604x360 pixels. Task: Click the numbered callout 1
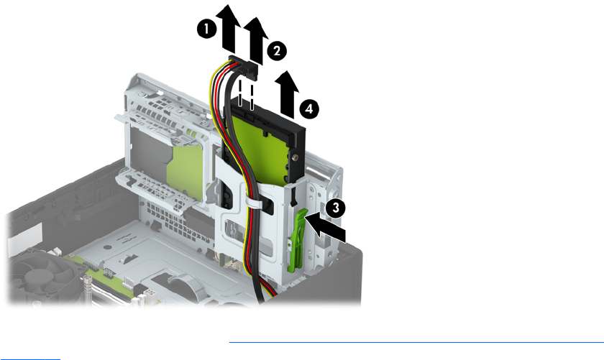pyautogui.click(x=207, y=29)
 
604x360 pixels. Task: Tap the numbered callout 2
pyautogui.click(x=277, y=50)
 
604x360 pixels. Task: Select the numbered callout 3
pyautogui.click(x=336, y=208)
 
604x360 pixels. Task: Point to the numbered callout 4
pyautogui.click(x=309, y=109)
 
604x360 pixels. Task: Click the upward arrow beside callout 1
pyautogui.click(x=229, y=29)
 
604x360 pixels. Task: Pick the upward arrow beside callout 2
pyautogui.click(x=256, y=41)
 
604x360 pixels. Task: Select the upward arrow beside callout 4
pyautogui.click(x=287, y=94)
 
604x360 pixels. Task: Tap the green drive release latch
pyautogui.click(x=296, y=239)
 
